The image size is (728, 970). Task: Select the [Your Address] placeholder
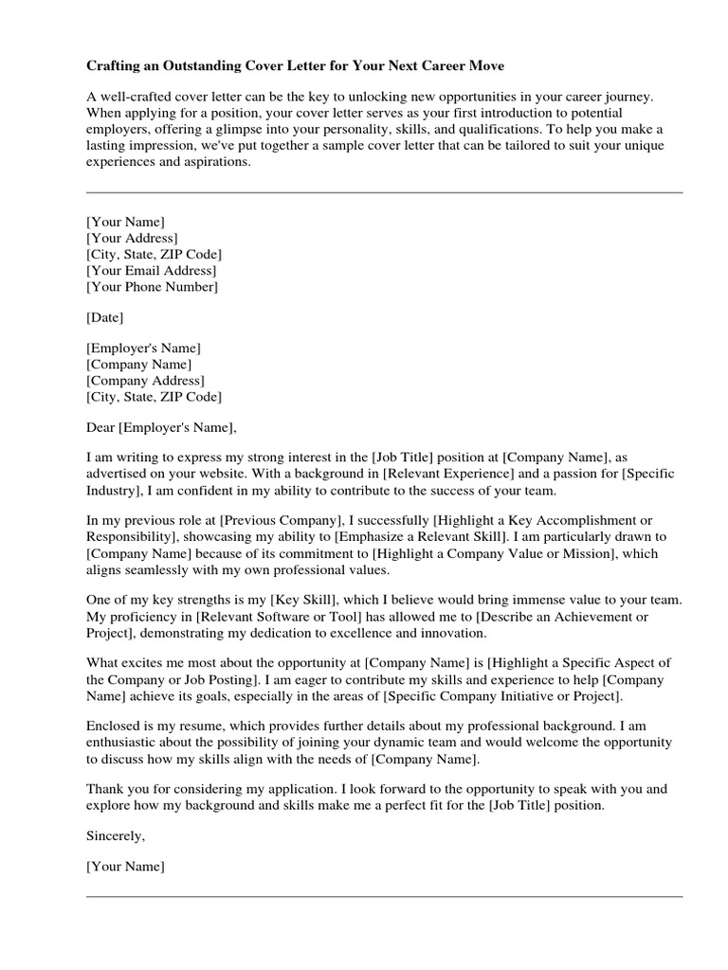pyautogui.click(x=132, y=238)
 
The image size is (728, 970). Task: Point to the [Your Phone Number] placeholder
pyautogui.click(x=152, y=286)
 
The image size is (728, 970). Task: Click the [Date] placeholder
pyautogui.click(x=104, y=317)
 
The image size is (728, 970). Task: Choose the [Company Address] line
pyautogui.click(x=144, y=381)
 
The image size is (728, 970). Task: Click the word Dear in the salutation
pyautogui.click(x=101, y=426)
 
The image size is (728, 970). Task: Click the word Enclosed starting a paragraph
pyautogui.click(x=115, y=727)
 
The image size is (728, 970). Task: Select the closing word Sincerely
pyautogui.click(x=116, y=837)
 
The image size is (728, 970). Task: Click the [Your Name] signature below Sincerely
pyautogui.click(x=125, y=866)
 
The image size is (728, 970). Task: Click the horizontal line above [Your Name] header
pyautogui.click(x=384, y=193)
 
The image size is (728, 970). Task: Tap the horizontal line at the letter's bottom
pyautogui.click(x=384, y=896)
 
